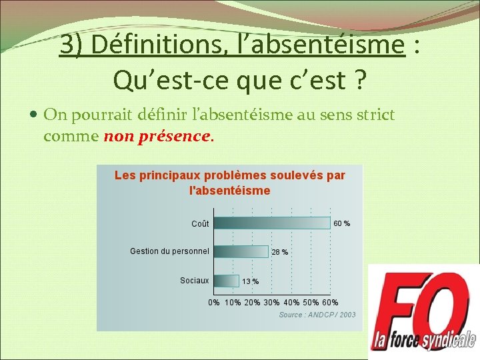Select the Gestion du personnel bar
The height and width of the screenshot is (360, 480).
point(240,251)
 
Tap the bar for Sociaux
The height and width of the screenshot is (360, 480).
point(225,281)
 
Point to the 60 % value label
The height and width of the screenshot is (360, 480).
point(341,223)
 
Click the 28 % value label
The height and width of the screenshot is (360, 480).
point(280,252)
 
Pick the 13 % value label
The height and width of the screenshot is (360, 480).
point(251,281)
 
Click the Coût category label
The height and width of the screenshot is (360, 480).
point(200,224)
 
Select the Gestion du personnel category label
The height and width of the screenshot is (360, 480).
point(169,251)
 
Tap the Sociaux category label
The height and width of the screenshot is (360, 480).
point(194,281)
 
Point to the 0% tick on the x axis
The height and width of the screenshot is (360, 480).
point(214,303)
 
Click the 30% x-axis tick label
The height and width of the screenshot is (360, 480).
point(271,303)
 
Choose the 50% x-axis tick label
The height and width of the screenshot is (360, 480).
point(311,303)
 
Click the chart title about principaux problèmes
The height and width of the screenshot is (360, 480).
point(230,183)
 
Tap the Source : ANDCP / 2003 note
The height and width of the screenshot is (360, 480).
point(317,315)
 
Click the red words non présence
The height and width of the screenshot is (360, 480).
point(157,137)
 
